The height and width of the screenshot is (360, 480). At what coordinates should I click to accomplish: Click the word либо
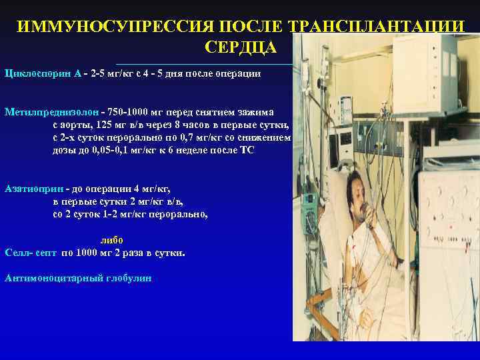click(111, 240)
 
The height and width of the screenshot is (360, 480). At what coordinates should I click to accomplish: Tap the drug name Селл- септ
click(31, 253)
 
